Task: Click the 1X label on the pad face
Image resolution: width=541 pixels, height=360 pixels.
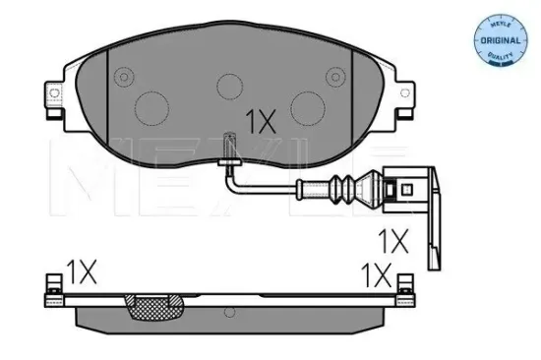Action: pyautogui.click(x=262, y=120)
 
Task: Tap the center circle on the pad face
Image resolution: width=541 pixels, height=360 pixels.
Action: pyautogui.click(x=230, y=85)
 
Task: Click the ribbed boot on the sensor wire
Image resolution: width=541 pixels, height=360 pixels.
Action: pyautogui.click(x=346, y=187)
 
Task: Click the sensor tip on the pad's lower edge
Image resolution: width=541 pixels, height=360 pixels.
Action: pyautogui.click(x=230, y=144)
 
